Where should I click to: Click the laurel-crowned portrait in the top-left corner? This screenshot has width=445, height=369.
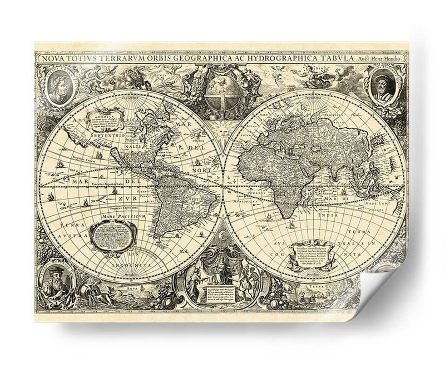pyautogui.click(x=57, y=87)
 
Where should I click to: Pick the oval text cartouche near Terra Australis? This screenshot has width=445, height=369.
pyautogui.click(x=113, y=233)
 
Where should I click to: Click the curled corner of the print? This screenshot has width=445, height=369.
pyautogui.click(x=384, y=289)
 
